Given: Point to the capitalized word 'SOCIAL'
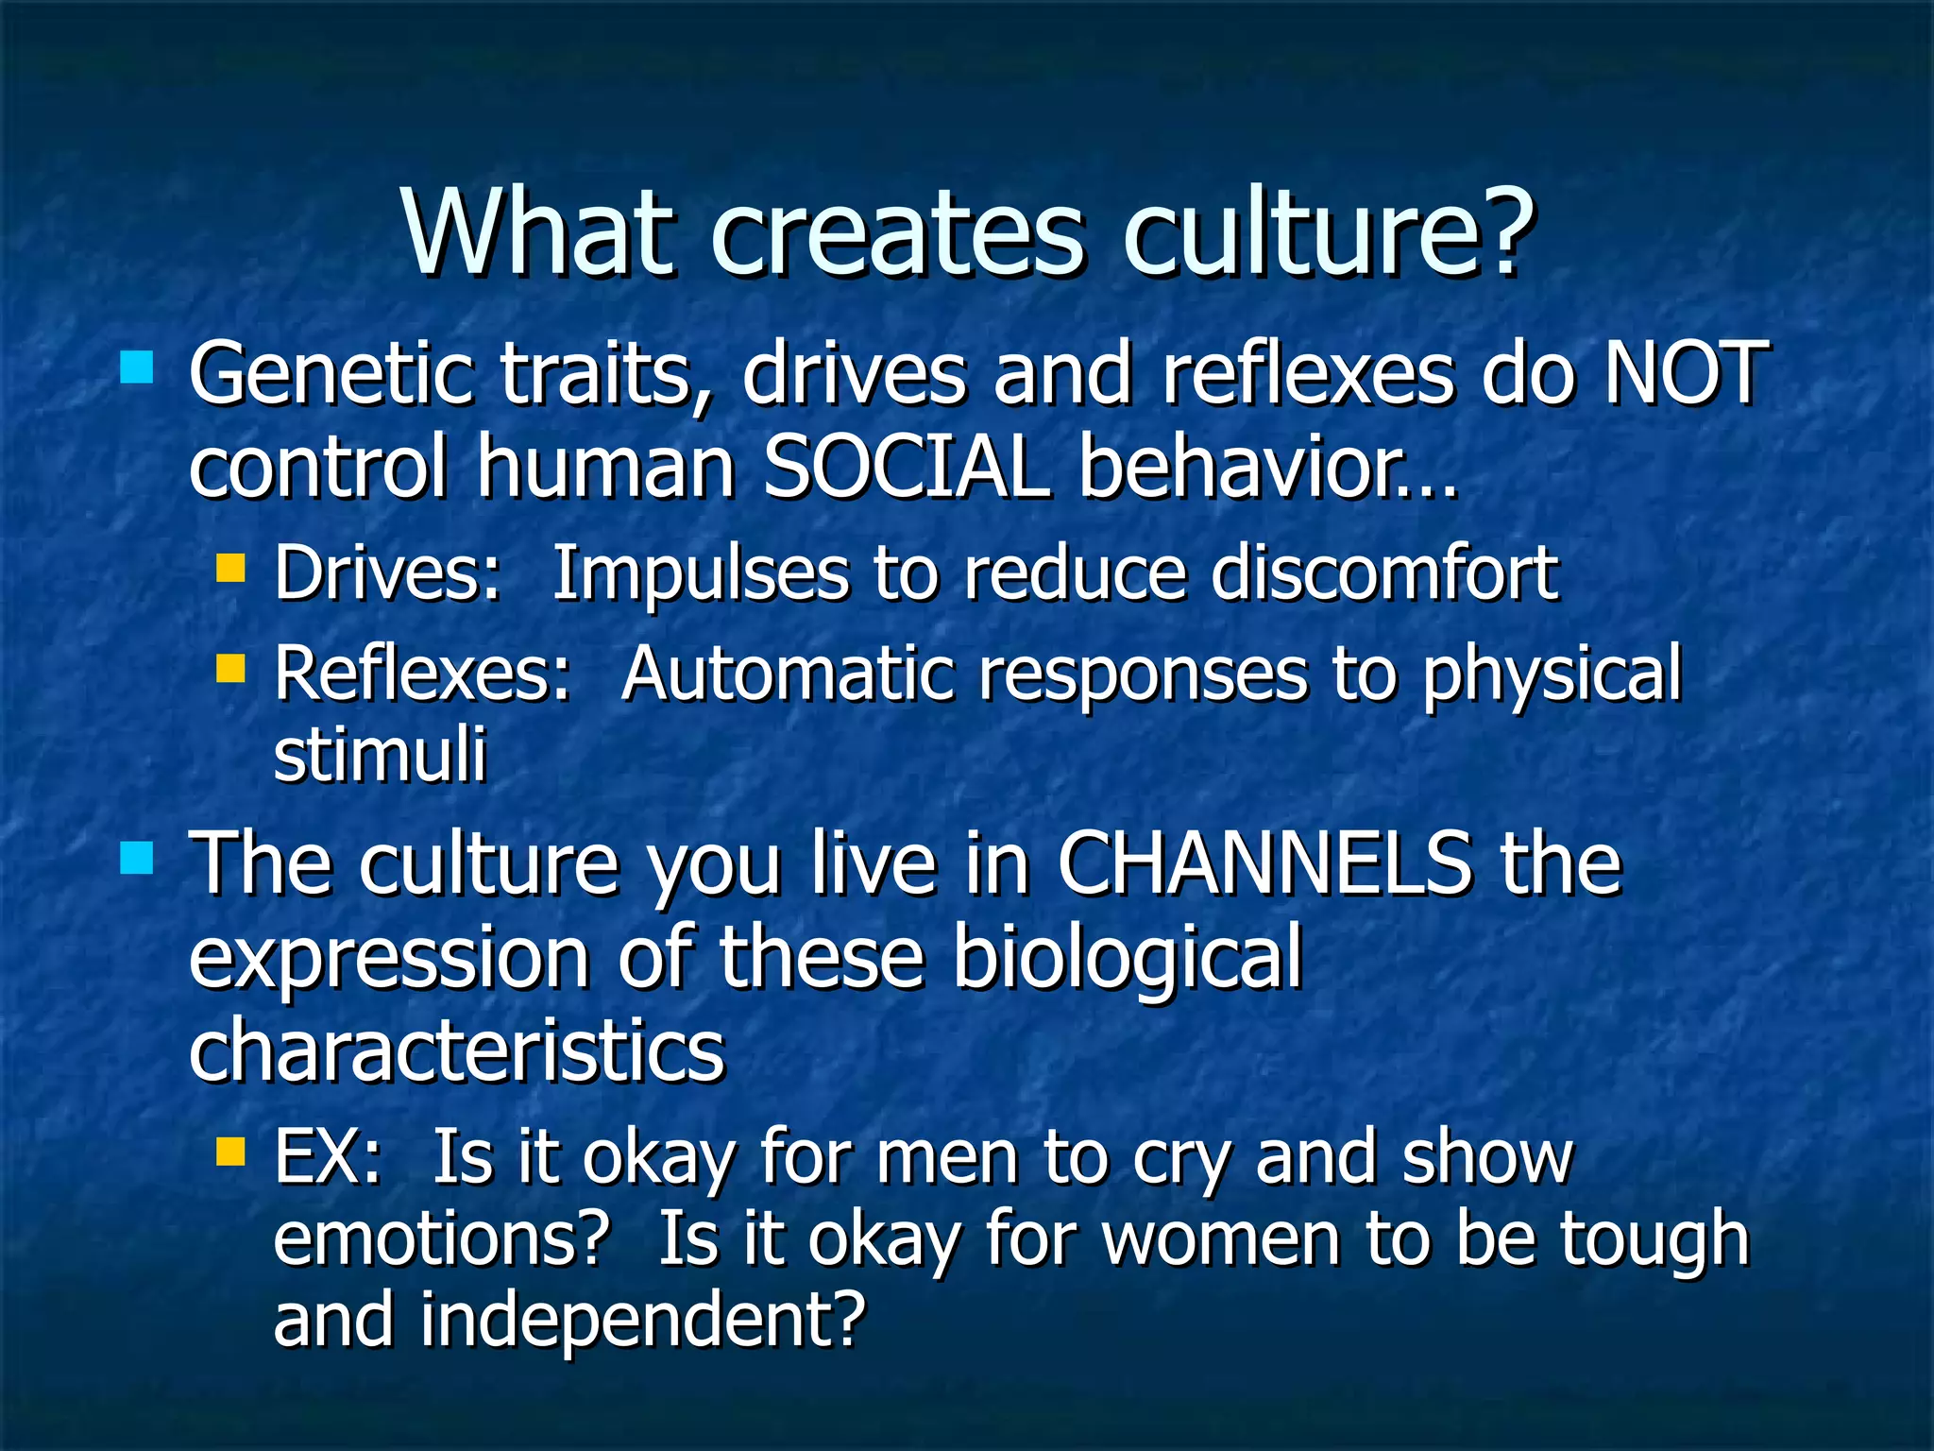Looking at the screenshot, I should pyautogui.click(x=905, y=467).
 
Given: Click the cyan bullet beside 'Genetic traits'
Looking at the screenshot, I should pyautogui.click(x=137, y=367).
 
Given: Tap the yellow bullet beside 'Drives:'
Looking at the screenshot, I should pyautogui.click(x=230, y=569).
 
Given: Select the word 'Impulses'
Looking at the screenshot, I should pyautogui.click(x=700, y=574).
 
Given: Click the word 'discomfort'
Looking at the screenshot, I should pyautogui.click(x=1383, y=572).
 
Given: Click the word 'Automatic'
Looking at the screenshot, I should pyautogui.click(x=788, y=674).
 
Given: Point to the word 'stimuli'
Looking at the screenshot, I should pyautogui.click(x=380, y=755).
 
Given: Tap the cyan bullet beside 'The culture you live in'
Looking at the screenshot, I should pyautogui.click(x=137, y=858).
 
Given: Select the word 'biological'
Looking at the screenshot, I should pyautogui.click(x=1127, y=957).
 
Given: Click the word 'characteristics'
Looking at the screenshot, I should pyautogui.click(x=456, y=1050).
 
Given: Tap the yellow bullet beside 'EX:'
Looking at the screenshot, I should pyautogui.click(x=230, y=1152).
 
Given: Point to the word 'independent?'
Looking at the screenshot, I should pyautogui.click(x=642, y=1320).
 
